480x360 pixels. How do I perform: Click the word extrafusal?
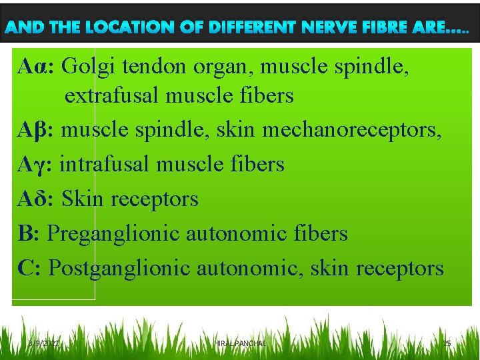coord(112,96)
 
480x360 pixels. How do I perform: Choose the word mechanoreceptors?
coord(351,130)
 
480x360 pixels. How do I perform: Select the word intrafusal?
coord(107,164)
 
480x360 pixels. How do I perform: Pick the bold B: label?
coord(29,233)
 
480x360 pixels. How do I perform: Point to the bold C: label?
coord(30,268)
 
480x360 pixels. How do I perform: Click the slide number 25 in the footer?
coord(447,343)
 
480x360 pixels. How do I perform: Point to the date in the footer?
coord(44,343)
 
